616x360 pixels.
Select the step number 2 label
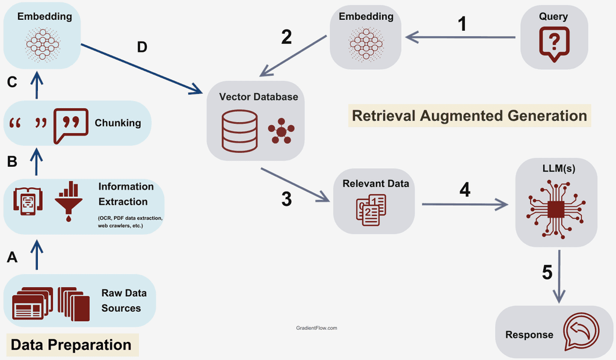tap(286, 37)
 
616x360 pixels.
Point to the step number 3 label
tap(286, 199)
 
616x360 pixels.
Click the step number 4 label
tap(464, 189)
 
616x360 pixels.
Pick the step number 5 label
tap(547, 272)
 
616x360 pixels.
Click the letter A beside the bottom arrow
tap(12, 258)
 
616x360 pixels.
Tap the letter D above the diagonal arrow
tap(142, 47)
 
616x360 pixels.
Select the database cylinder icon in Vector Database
tap(239, 131)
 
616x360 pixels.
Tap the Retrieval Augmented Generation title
tap(469, 116)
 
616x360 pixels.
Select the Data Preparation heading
tap(71, 345)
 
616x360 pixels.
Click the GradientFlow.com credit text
tap(316, 328)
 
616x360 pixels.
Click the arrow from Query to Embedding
tap(461, 38)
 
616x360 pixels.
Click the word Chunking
tap(118, 123)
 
